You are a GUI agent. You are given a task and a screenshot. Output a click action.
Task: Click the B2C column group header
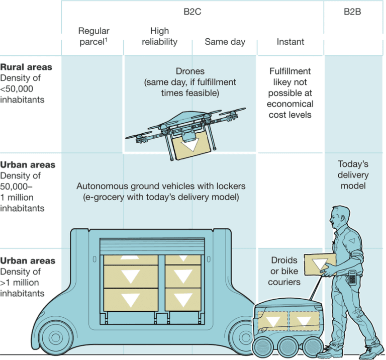point(192,12)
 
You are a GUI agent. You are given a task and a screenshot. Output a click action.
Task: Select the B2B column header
point(352,12)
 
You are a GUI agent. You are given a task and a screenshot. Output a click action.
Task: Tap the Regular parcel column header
point(93,37)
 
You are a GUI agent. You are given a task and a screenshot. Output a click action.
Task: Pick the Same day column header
point(225,42)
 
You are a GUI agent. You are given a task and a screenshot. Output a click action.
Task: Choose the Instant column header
point(290,42)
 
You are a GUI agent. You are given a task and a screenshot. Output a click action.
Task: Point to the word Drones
point(190,71)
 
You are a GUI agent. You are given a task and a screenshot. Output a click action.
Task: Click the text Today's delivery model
point(353,175)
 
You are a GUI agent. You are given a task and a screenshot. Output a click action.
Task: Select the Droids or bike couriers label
point(284,271)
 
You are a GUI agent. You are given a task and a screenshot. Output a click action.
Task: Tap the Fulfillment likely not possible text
point(290,93)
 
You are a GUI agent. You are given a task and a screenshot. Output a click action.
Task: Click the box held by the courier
point(320,262)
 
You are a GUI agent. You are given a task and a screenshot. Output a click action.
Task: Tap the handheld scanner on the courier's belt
point(353,276)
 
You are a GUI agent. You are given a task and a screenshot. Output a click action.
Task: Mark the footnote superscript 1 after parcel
point(107,39)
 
